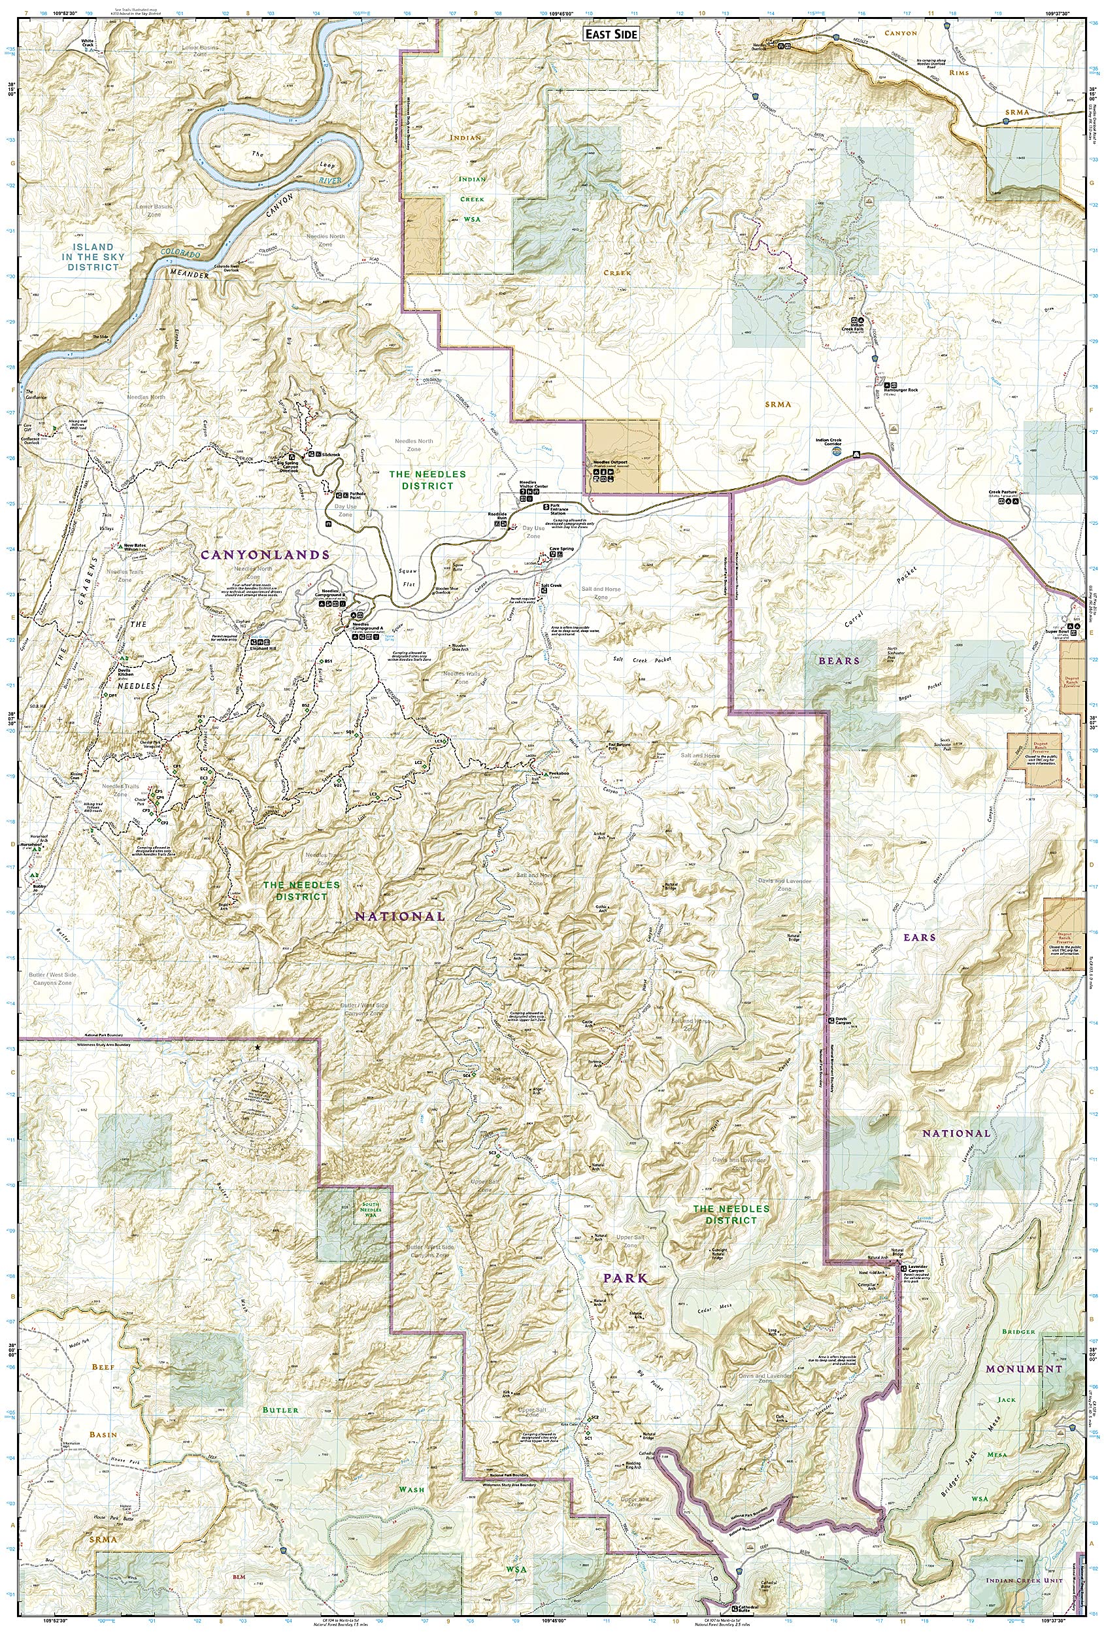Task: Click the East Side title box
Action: click(x=611, y=34)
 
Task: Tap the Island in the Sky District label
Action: click(x=93, y=257)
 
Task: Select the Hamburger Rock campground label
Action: click(x=901, y=390)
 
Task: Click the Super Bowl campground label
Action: click(x=1058, y=631)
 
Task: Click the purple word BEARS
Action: click(x=838, y=661)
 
